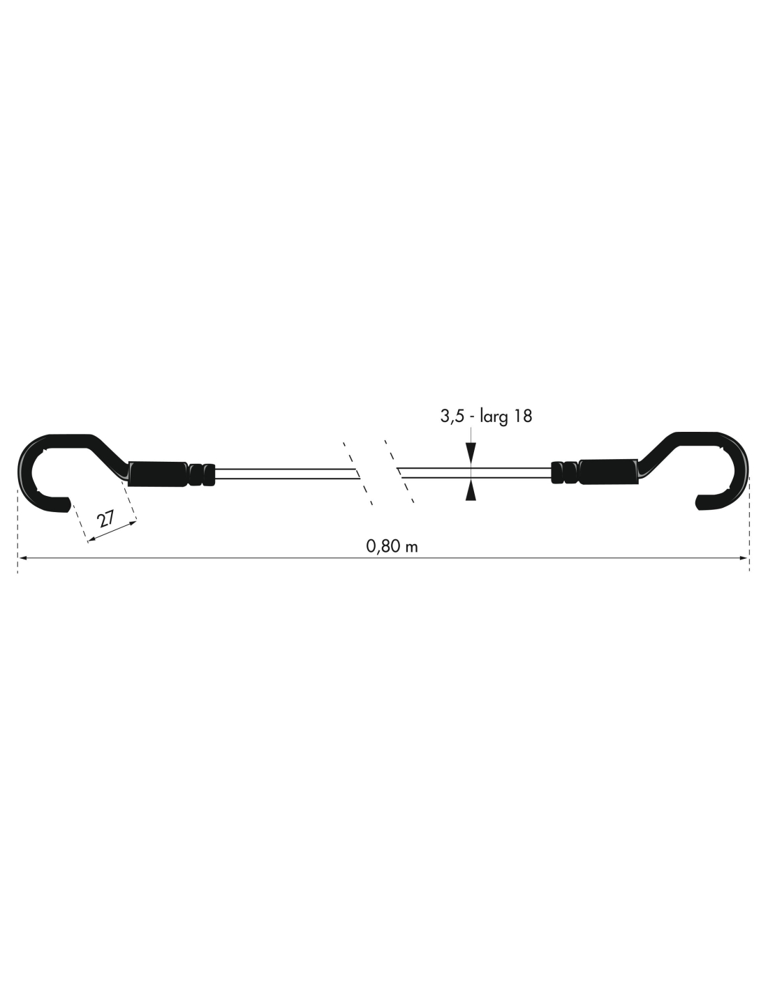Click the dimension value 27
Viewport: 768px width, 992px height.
(x=106, y=520)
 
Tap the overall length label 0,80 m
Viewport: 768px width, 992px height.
(x=392, y=546)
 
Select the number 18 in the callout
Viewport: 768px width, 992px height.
(x=523, y=416)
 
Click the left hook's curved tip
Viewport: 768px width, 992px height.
(x=64, y=504)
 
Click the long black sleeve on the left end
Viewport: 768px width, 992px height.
(x=158, y=474)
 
